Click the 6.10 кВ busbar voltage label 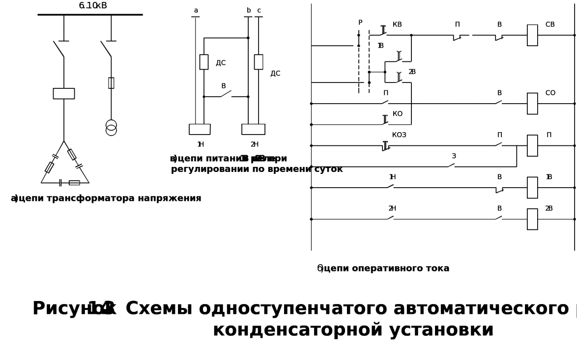click(93, 5)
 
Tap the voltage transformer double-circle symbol click(111, 127)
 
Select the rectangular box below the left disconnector click(64, 94)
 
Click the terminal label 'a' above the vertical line click(196, 10)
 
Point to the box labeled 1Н click(200, 129)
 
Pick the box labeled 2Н click(253, 129)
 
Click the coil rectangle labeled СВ click(532, 35)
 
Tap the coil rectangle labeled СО click(532, 104)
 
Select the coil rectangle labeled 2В click(532, 219)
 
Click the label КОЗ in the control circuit click(399, 135)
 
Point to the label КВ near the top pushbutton click(397, 25)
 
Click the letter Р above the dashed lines click(360, 23)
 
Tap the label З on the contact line click(454, 156)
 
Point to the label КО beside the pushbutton click(397, 114)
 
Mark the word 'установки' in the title click(441, 330)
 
